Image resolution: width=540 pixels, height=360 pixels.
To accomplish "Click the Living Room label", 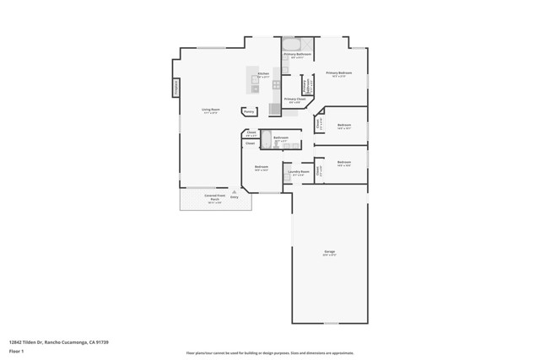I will pos(210,110).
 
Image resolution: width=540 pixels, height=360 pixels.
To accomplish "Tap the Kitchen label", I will pos(263,73).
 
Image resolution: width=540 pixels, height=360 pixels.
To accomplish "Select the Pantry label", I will pos(249,111).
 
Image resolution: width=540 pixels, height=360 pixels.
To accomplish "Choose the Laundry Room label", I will pos(299,172).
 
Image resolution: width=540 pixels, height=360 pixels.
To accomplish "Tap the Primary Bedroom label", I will pos(338,73).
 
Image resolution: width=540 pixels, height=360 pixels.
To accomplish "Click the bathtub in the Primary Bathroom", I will pos(291,44).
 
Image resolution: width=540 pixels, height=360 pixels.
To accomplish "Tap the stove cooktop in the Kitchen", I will pos(277,85).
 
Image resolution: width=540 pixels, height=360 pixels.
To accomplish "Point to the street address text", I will pos(59,341).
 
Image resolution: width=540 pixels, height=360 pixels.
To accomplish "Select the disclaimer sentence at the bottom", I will pos(269,352).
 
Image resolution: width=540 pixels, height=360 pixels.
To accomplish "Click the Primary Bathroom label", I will pos(297,55).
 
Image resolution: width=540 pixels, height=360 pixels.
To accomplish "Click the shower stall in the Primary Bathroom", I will pos(309,45).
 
